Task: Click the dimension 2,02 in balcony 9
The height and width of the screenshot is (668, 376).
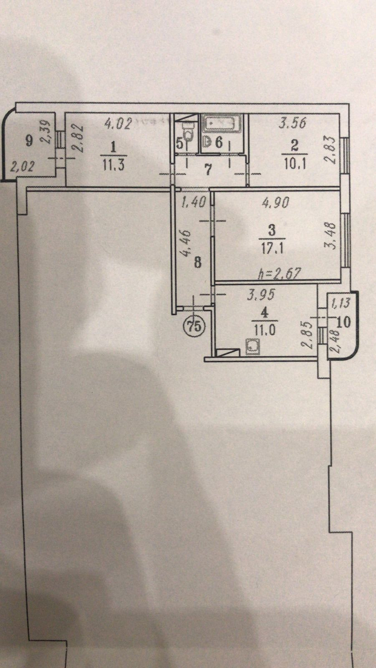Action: (21, 167)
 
